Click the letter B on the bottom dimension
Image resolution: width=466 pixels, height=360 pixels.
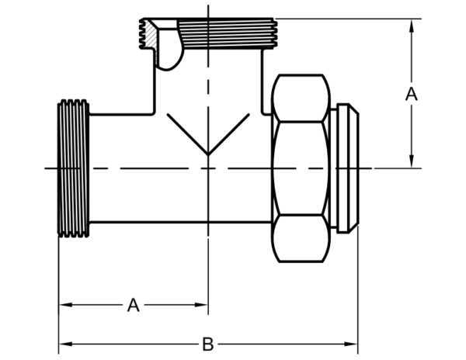click(207, 344)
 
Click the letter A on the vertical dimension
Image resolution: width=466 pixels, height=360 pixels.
click(412, 94)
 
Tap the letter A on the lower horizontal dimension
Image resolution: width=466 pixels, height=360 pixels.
click(134, 305)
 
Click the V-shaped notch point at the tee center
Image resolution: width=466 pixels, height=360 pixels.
click(208, 155)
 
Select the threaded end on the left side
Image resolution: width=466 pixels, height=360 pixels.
click(74, 168)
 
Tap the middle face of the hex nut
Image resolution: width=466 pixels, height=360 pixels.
click(301, 168)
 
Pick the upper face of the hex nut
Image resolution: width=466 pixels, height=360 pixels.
click(301, 98)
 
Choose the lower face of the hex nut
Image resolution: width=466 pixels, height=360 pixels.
click(301, 238)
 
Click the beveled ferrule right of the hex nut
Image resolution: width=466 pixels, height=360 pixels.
click(348, 168)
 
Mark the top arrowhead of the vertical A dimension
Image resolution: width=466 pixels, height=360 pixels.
click(412, 26)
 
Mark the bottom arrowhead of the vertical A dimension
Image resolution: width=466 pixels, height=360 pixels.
click(412, 161)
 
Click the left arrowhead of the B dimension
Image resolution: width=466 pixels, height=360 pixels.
click(66, 344)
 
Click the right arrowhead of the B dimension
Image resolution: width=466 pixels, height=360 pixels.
click(351, 344)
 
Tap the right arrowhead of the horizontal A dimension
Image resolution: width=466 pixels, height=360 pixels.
click(201, 305)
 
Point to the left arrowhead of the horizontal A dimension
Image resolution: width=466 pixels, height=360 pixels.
click(66, 305)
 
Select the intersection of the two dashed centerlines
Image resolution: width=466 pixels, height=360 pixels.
click(208, 168)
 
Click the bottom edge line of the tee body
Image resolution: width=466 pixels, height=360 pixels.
click(181, 222)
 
